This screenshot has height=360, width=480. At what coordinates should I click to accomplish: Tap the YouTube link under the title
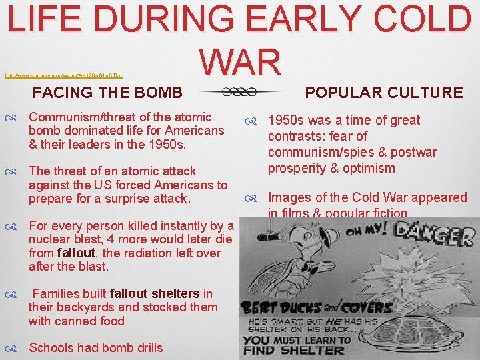point(63,76)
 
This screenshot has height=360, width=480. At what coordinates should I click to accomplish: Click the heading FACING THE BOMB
point(107,92)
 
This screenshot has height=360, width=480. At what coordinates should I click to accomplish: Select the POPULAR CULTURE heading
point(383,92)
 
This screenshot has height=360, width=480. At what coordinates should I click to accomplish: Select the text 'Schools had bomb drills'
point(95,347)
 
